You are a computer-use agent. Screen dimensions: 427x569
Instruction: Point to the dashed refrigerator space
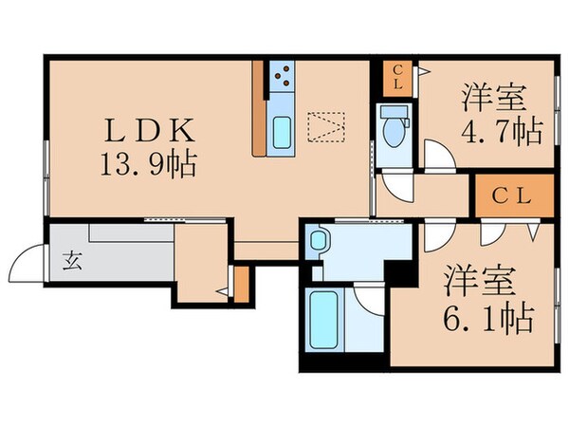point(323,126)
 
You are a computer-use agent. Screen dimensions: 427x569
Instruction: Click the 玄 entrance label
point(73,263)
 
